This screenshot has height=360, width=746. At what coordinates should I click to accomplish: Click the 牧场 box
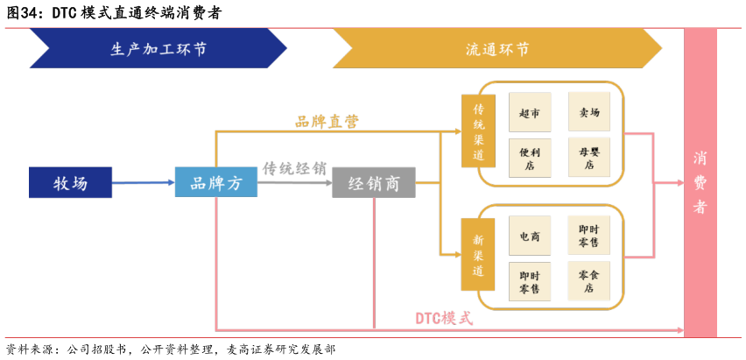pyautogui.click(x=70, y=182)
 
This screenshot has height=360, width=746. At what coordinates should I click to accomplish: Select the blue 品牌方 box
pyautogui.click(x=215, y=182)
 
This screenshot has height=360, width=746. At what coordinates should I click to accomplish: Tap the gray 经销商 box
pyautogui.click(x=373, y=183)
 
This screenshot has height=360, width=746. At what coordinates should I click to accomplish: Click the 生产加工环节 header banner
pyautogui.click(x=158, y=49)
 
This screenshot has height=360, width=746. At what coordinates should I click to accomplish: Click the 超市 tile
pyautogui.click(x=530, y=112)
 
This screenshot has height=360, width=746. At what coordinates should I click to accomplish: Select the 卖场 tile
pyautogui.click(x=589, y=112)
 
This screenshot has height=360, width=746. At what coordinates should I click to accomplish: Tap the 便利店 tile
pyautogui.click(x=530, y=159)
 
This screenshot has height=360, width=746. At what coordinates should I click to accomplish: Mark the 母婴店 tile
pyautogui.click(x=589, y=159)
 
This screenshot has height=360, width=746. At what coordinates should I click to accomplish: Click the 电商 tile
pyautogui.click(x=530, y=236)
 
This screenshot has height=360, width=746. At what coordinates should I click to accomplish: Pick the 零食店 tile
pyautogui.click(x=589, y=281)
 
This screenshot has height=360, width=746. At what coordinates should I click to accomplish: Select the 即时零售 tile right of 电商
pyautogui.click(x=589, y=236)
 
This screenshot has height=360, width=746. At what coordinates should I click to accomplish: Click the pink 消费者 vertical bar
pyautogui.click(x=700, y=182)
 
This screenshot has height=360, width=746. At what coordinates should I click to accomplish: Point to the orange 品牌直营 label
pyautogui.click(x=327, y=122)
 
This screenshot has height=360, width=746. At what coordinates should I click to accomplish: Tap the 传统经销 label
pyautogui.click(x=295, y=168)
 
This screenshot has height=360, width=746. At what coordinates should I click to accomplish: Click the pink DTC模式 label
pyautogui.click(x=443, y=318)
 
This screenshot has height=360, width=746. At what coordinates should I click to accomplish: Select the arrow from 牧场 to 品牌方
pyautogui.click(x=144, y=183)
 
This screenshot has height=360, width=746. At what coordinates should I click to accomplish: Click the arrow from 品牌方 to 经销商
pyautogui.click(x=295, y=184)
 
